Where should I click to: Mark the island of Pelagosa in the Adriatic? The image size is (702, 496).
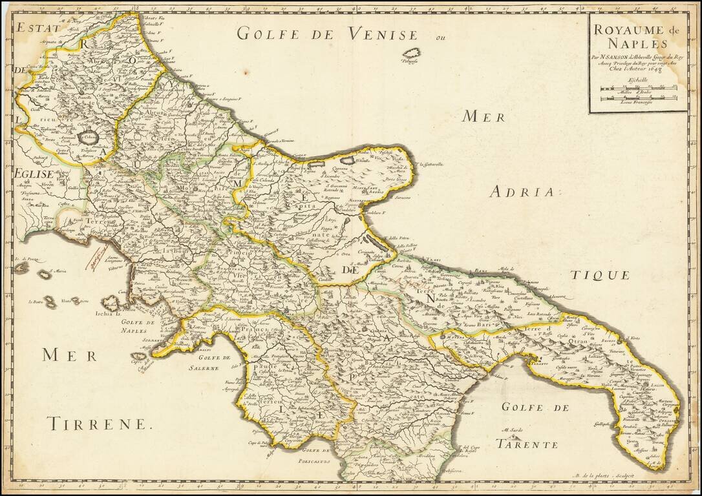coord(410,54)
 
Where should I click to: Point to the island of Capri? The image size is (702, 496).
coord(138,356)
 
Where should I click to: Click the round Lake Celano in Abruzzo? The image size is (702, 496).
coord(88,137)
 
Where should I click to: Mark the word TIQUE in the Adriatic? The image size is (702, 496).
coord(599,274)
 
